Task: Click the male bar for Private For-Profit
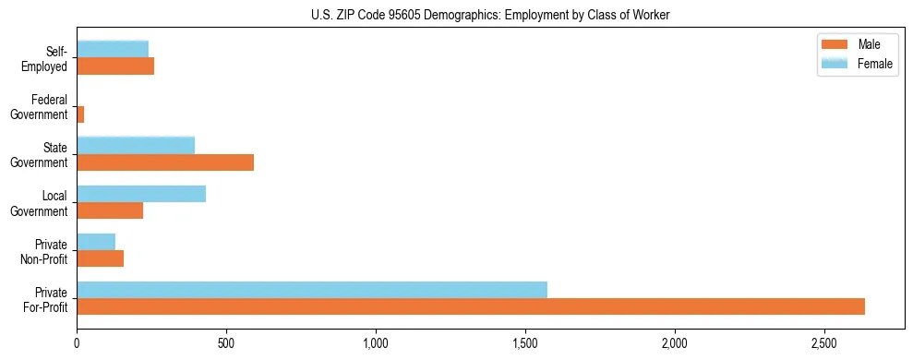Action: (x=471, y=306)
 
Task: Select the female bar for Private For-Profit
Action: (x=312, y=289)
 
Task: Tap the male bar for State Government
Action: (x=165, y=162)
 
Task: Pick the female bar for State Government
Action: (x=136, y=145)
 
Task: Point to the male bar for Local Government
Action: (x=110, y=210)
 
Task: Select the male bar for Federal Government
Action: (x=80, y=114)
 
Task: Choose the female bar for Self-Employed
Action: (x=113, y=49)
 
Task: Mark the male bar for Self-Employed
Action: (x=115, y=66)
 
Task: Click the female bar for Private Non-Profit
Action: (x=96, y=241)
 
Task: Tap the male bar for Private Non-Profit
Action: (x=101, y=258)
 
